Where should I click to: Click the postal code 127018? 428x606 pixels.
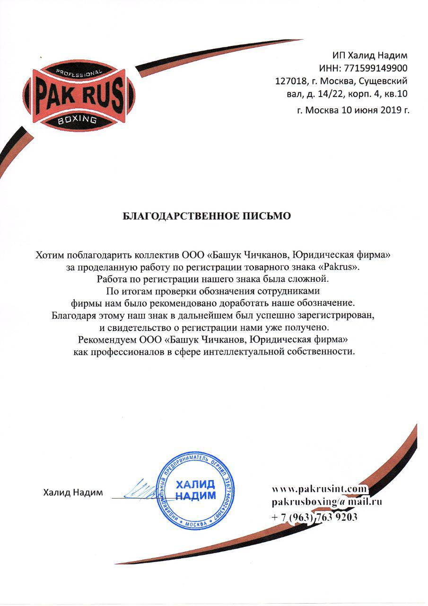tap(289, 81)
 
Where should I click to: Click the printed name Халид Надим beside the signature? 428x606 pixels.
tap(73, 492)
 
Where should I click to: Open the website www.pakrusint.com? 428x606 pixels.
tap(319, 488)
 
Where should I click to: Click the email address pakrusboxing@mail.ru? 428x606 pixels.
tap(327, 502)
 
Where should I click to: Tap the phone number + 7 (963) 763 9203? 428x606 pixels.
tap(314, 517)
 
